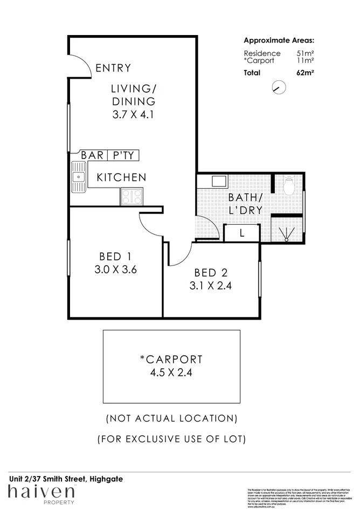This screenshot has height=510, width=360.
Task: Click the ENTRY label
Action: click(113, 68)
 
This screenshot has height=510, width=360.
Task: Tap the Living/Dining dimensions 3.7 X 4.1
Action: click(134, 114)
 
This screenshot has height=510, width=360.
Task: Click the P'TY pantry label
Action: click(123, 156)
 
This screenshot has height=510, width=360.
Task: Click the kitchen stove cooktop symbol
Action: click(132, 196)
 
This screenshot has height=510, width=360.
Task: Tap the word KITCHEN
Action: click(121, 177)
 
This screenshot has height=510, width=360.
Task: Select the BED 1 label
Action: click(115, 257)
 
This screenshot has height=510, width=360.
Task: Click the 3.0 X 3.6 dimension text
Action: click(115, 270)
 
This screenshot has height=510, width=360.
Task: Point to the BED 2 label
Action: click(210, 273)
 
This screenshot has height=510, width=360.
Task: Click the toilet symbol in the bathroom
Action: click(288, 186)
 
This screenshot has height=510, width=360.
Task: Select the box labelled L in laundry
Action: click(241, 233)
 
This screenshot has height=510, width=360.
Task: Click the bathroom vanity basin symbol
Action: click(221, 181)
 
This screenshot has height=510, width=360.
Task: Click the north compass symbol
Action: click(278, 87)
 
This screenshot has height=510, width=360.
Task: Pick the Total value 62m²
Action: click(306, 73)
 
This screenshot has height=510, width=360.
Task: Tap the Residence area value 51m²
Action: click(306, 53)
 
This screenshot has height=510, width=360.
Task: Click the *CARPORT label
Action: click(171, 359)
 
